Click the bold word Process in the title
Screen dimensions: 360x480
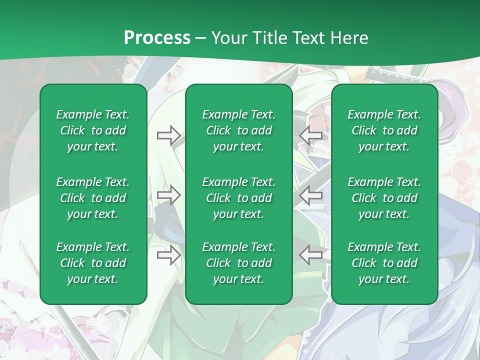click(157, 38)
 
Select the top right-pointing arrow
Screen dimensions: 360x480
click(168, 135)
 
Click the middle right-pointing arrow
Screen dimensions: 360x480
click(168, 195)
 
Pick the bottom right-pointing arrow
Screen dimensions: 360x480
click(168, 255)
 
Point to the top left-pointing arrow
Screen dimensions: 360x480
click(310, 135)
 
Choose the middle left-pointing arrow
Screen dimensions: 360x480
click(310, 195)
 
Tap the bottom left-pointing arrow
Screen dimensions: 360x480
click(310, 255)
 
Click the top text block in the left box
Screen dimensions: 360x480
click(93, 130)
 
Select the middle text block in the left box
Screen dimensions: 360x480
click(93, 198)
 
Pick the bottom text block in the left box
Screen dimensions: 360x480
click(93, 263)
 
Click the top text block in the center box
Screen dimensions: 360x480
click(238, 130)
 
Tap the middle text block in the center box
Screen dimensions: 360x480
click(238, 198)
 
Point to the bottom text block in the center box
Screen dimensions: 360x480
click(238, 263)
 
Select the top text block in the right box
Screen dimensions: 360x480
click(384, 130)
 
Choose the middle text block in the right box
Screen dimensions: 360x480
click(384, 198)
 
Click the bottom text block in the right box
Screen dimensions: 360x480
click(384, 263)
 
